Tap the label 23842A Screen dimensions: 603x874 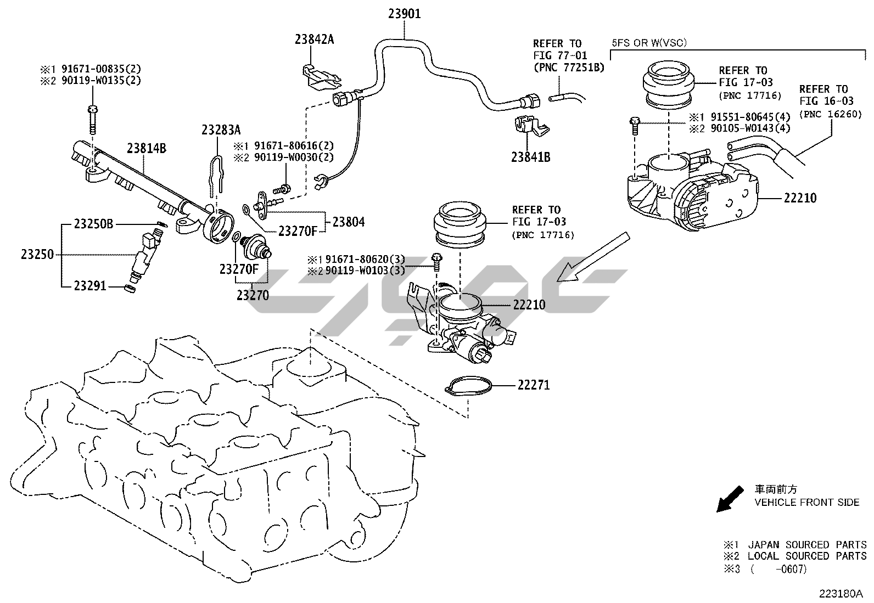(314, 39)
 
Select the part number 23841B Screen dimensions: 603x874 (530, 157)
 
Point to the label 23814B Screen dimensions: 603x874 (147, 148)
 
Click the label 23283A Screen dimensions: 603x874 (221, 130)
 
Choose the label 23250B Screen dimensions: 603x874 (94, 224)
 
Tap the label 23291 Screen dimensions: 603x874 (91, 286)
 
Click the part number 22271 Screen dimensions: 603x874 (533, 385)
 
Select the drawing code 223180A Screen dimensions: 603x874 (841, 594)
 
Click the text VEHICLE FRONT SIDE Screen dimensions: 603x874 (806, 502)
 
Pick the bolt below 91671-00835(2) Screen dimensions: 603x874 (92, 119)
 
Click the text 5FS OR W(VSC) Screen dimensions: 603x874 (649, 42)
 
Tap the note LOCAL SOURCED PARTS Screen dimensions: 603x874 (807, 556)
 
